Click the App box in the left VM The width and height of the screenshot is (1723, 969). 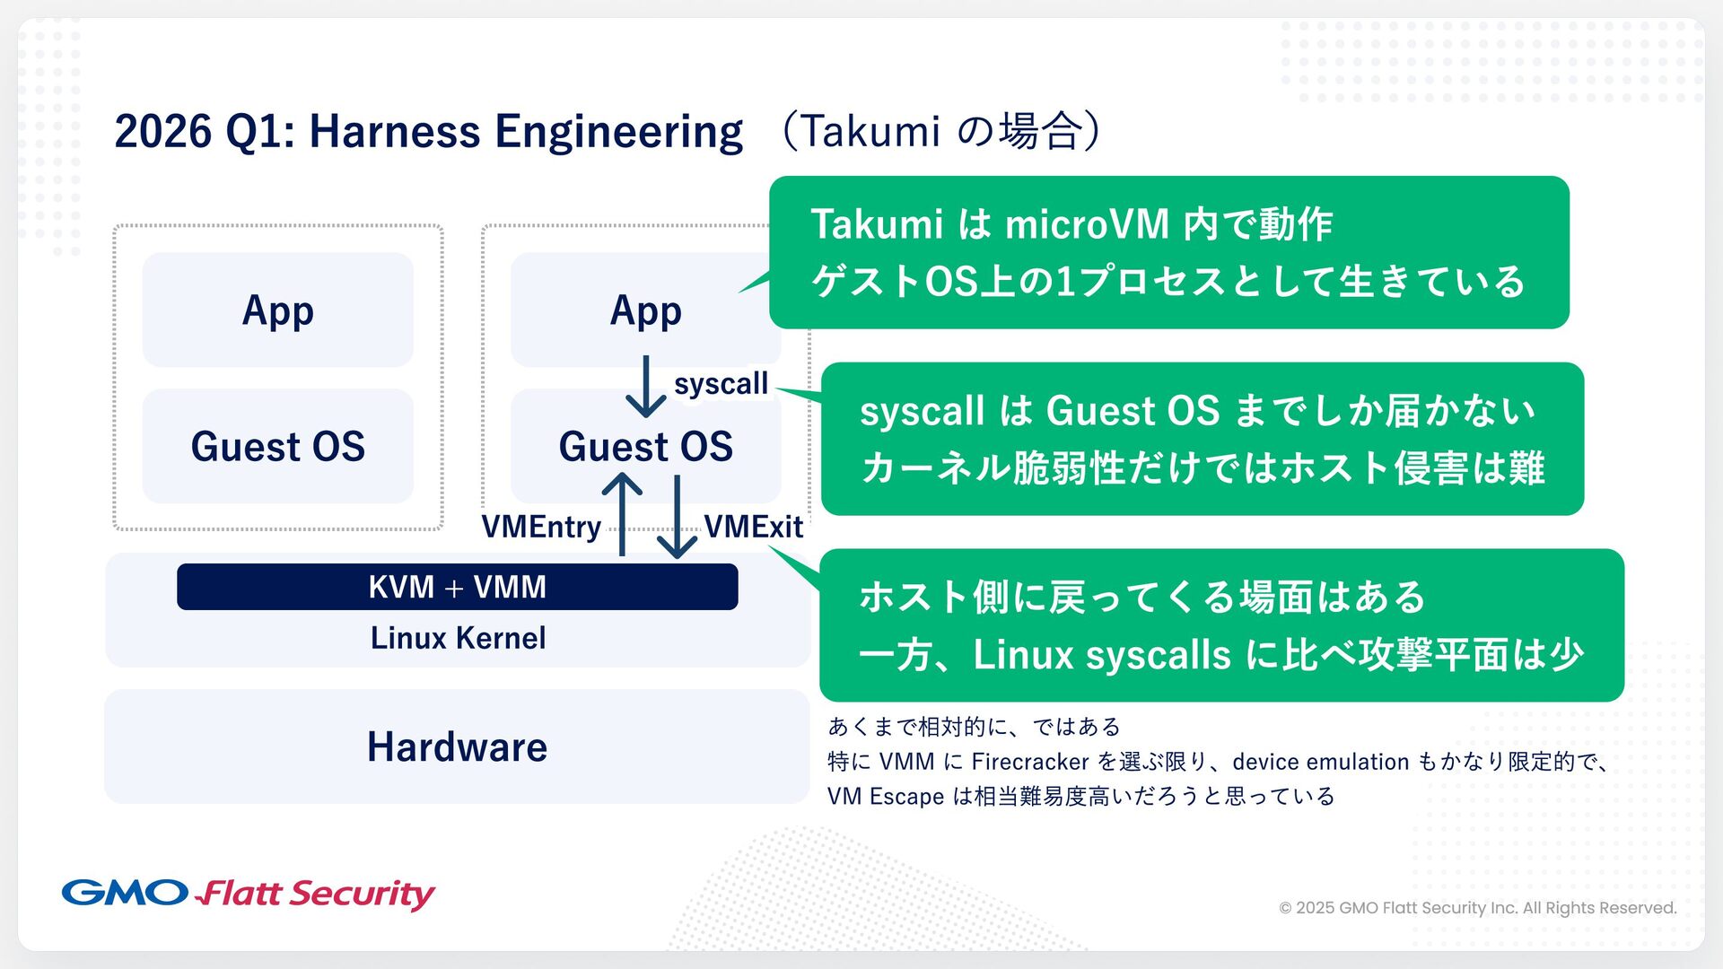[x=277, y=310]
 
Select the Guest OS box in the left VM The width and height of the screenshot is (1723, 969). [x=277, y=446]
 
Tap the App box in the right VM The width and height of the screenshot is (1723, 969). [x=645, y=310]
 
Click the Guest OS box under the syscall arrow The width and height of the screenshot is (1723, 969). [x=645, y=446]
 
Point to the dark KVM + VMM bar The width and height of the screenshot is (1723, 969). [x=457, y=587]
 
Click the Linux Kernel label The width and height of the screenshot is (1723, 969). [x=458, y=638]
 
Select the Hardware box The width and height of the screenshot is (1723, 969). [x=457, y=746]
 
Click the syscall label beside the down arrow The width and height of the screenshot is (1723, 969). [x=721, y=384]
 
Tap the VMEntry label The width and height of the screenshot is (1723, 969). [x=541, y=527]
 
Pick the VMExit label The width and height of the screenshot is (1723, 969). [x=753, y=527]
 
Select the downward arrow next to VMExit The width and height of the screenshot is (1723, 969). [x=677, y=517]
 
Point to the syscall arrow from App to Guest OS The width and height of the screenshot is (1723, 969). [x=645, y=386]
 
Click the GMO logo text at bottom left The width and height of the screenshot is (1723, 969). [x=125, y=893]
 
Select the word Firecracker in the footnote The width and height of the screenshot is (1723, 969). [x=1029, y=762]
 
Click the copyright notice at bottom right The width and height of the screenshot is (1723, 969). [x=1477, y=908]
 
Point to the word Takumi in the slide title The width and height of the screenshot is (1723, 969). [x=870, y=132]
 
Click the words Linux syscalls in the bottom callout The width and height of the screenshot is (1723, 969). [x=1102, y=655]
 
